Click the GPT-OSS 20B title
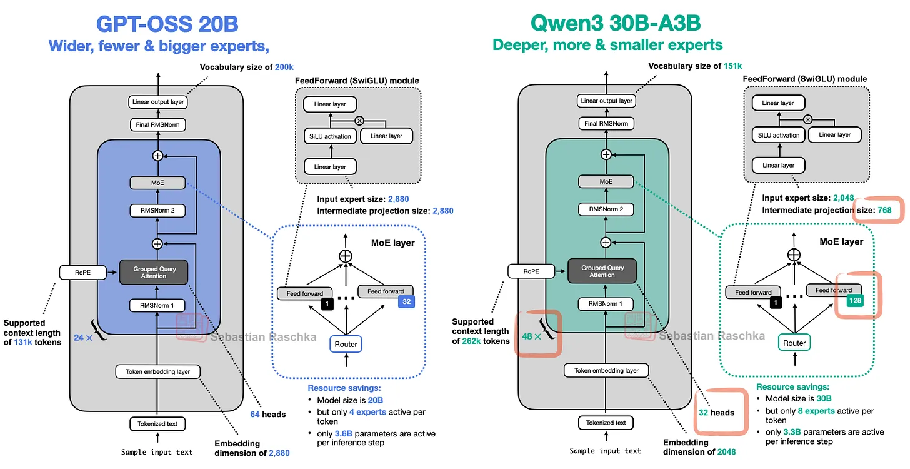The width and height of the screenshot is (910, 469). point(167,24)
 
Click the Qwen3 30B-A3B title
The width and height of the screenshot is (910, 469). point(616,23)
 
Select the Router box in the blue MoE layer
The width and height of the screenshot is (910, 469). point(346,344)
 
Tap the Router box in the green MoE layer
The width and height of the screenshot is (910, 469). point(794,343)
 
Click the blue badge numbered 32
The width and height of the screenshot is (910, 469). point(406,301)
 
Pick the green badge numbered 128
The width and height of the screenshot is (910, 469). point(855,300)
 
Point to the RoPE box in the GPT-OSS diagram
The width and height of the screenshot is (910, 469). point(83,272)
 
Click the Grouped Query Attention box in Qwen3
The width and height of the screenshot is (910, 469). point(602,271)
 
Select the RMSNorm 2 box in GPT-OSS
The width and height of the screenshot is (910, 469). point(157,211)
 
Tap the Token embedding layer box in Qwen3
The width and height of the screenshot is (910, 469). point(606,370)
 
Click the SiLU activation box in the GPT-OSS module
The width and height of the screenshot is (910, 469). point(330,136)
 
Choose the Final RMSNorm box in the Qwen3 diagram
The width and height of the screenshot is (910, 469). point(606,124)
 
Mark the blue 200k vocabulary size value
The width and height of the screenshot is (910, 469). point(284,67)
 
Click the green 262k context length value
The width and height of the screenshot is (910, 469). point(472,341)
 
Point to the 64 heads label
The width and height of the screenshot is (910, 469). point(268,414)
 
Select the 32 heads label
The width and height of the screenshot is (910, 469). point(717,413)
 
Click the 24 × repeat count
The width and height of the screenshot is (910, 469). point(83,338)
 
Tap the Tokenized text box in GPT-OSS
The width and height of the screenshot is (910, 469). point(157,424)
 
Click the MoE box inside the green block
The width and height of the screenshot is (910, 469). point(606,182)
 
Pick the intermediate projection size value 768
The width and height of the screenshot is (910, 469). point(884,210)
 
